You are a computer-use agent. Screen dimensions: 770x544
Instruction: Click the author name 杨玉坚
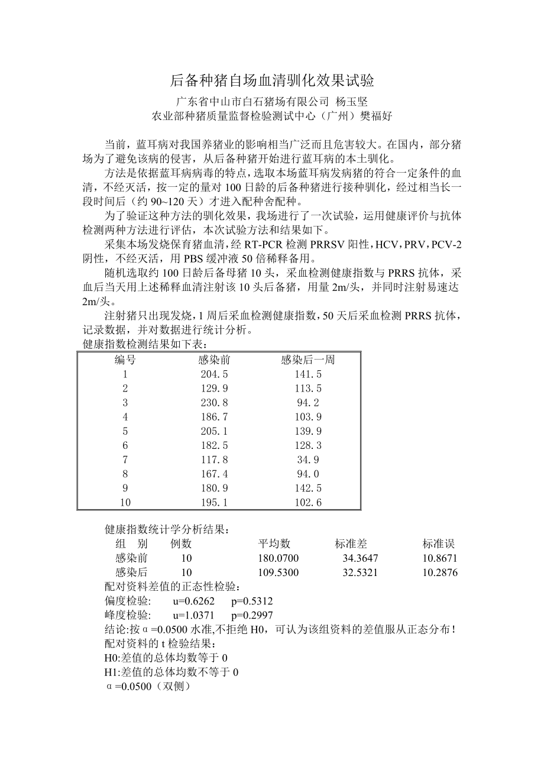tap(352, 101)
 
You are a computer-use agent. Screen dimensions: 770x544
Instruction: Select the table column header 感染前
tap(214, 360)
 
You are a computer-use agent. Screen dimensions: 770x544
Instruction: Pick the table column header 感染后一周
tap(307, 360)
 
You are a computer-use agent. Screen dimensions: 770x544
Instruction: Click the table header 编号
tap(125, 360)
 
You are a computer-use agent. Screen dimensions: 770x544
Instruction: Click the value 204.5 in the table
tap(214, 374)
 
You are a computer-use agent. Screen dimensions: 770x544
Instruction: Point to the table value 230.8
tap(214, 403)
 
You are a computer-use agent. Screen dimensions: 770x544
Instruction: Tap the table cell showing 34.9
tap(307, 460)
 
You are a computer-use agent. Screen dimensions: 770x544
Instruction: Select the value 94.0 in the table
tap(307, 474)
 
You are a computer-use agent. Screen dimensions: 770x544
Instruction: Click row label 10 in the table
tap(125, 503)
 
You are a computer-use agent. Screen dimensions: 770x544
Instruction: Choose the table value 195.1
tap(214, 503)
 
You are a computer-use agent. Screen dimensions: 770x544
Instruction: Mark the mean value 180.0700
tap(279, 558)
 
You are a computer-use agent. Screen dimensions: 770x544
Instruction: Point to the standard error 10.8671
tap(440, 558)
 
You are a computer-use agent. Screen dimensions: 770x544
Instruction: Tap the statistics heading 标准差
tap(351, 544)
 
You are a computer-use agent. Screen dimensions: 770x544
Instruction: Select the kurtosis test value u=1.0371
tap(194, 615)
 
